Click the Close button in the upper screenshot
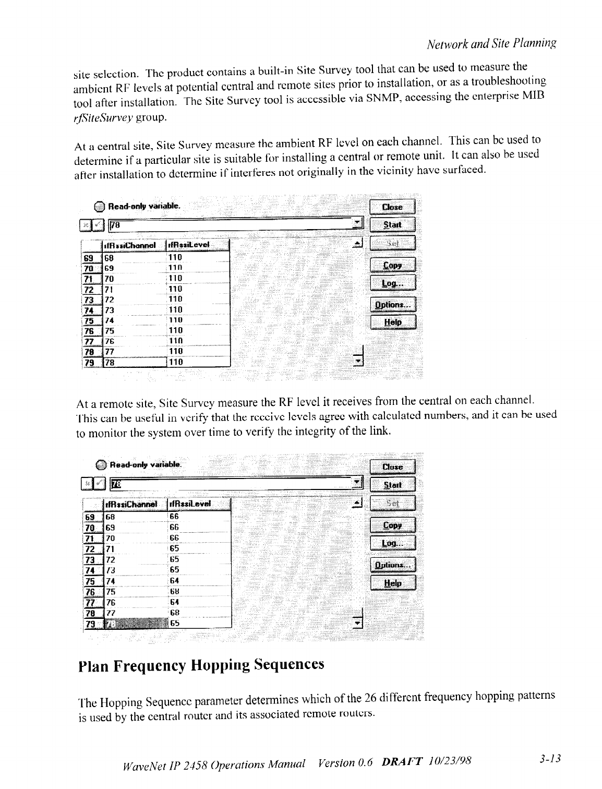tap(392, 207)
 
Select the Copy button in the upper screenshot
tap(392, 266)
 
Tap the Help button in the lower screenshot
tap(392, 583)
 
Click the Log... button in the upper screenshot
tap(392, 283)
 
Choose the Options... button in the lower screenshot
tap(392, 565)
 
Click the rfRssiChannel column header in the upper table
tap(130, 245)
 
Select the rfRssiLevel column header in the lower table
tap(189, 504)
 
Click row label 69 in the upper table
tap(89, 257)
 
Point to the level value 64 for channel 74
tap(174, 581)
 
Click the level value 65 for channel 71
tap(174, 549)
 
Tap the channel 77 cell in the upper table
tap(109, 352)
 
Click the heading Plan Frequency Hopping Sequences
tap(201, 665)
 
